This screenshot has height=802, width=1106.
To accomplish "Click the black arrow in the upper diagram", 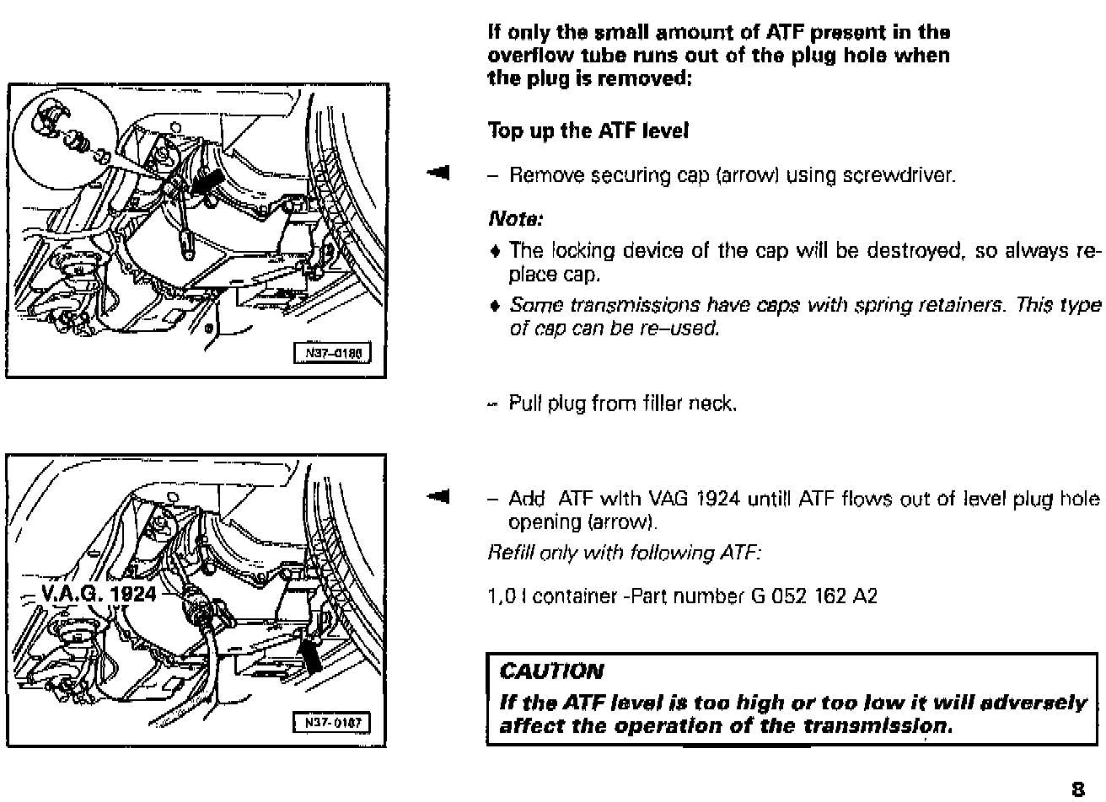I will tap(209, 183).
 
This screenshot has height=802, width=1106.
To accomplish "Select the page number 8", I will tap(1077, 789).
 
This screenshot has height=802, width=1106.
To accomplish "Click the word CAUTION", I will tap(552, 671).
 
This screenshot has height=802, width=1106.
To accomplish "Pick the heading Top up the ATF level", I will tap(588, 131).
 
